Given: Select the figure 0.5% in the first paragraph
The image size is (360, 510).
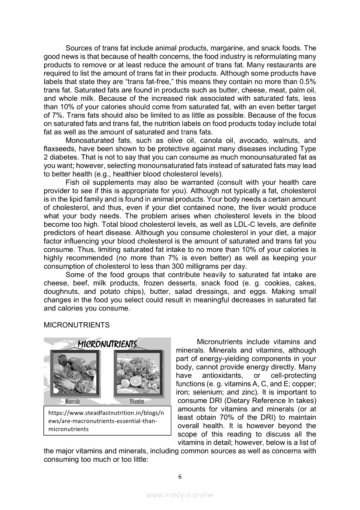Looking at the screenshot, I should (305, 82).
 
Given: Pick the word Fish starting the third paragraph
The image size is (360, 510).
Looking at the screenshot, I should (72, 183).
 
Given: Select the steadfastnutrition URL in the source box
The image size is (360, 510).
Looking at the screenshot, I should (106, 421).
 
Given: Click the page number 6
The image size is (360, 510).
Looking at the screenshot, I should (180, 477).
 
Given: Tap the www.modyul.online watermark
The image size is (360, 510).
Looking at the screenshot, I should (180, 495).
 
